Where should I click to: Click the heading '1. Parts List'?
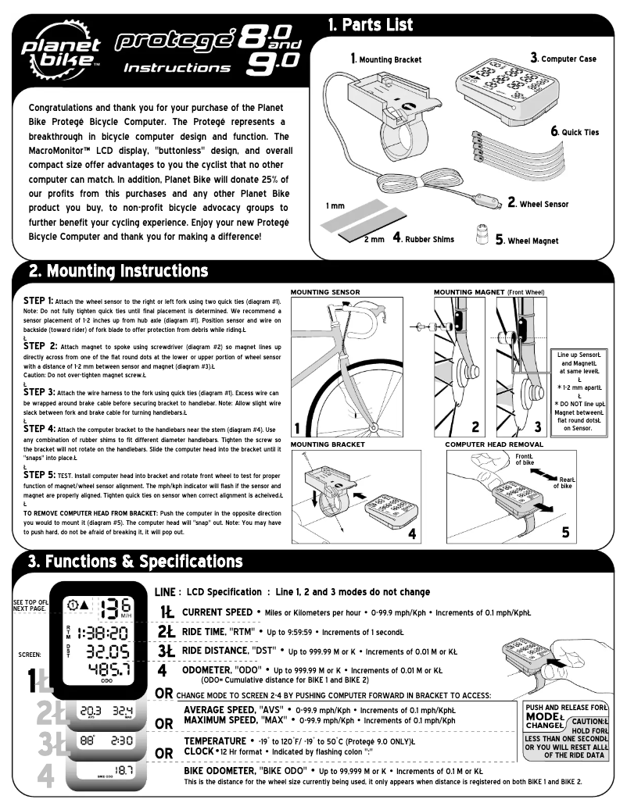371,25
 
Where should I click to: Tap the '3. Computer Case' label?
563,59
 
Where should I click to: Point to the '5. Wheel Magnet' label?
526,241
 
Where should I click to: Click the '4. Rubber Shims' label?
423,238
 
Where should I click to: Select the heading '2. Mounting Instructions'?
118,271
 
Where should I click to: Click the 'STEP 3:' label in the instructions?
38,391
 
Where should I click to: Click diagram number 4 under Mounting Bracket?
412,534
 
